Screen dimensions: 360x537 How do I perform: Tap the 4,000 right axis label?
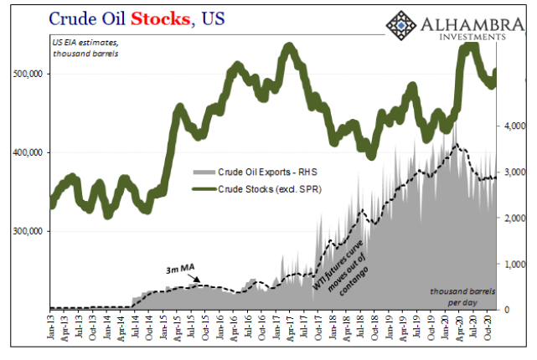tap(513, 127)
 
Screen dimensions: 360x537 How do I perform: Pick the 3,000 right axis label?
tap(513, 172)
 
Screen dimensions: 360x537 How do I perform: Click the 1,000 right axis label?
tap(513, 264)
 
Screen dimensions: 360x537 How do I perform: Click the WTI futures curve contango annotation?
tap(343, 251)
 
